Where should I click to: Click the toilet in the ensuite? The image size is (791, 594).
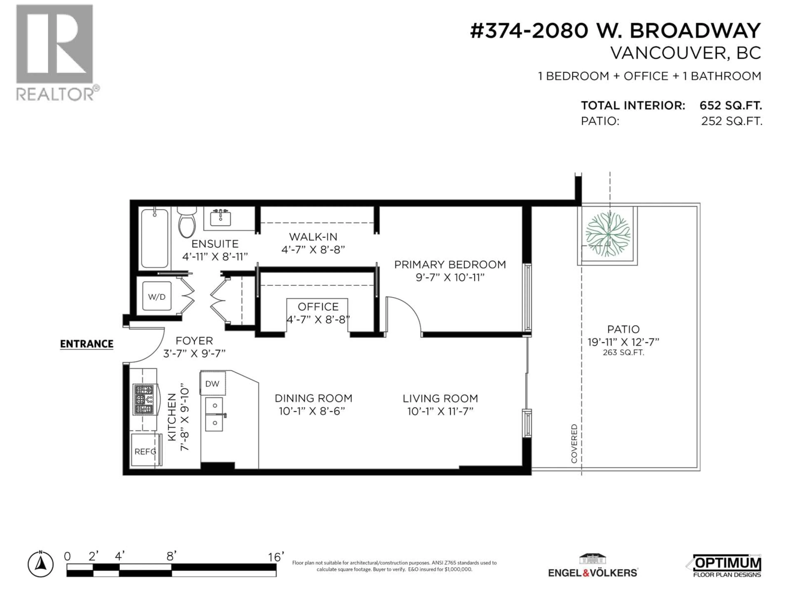pyautogui.click(x=187, y=223)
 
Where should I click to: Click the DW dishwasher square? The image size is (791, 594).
pyautogui.click(x=212, y=383)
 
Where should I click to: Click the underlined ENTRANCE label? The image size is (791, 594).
pyautogui.click(x=87, y=344)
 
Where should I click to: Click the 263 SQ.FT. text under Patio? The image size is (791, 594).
pyautogui.click(x=623, y=353)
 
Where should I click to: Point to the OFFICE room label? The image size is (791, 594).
pyautogui.click(x=318, y=307)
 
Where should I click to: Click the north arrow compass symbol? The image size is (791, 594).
pyautogui.click(x=41, y=565)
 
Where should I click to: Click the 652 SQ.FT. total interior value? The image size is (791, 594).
pyautogui.click(x=731, y=106)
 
